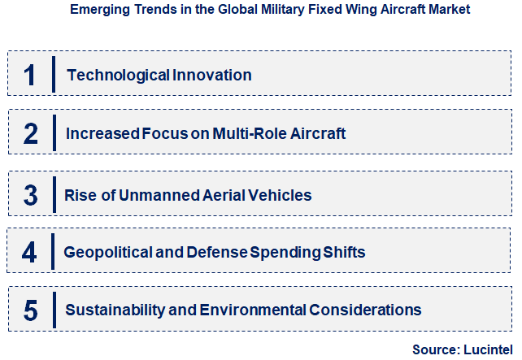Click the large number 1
pyautogui.click(x=30, y=76)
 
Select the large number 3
pyautogui.click(x=30, y=196)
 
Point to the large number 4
pyautogui.click(x=30, y=252)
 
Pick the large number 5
pyautogui.click(x=30, y=310)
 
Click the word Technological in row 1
pyautogui.click(x=118, y=76)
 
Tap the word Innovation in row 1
pyautogui.click(x=212, y=76)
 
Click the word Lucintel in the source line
pyautogui.click(x=487, y=349)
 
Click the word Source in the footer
pyautogui.click(x=434, y=349)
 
